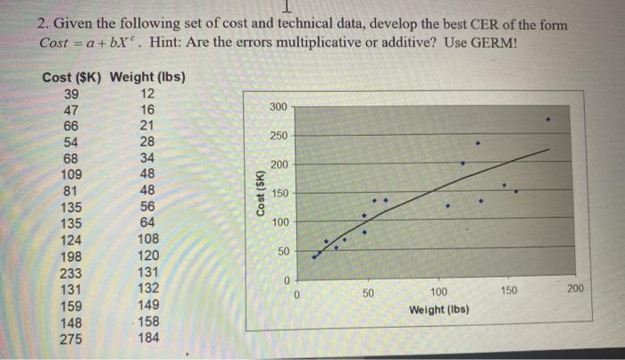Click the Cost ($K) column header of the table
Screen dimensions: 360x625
coord(72,78)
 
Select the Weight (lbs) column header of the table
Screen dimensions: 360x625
coord(147,78)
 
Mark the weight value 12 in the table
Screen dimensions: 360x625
coord(148,95)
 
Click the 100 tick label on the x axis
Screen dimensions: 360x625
coord(438,292)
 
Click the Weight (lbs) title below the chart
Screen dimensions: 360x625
coord(438,309)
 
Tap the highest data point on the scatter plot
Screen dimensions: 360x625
coord(548,118)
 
